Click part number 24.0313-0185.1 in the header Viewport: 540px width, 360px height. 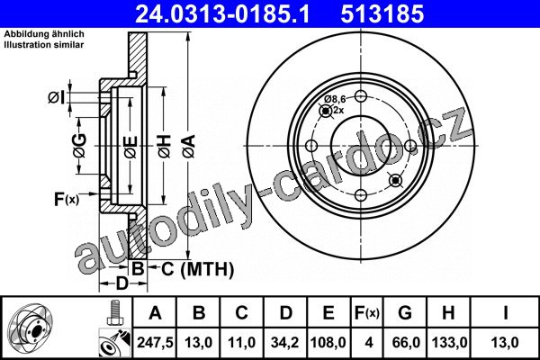[x=222, y=14]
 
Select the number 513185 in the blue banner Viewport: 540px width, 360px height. [x=382, y=14]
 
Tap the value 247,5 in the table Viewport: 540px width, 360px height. [x=155, y=342]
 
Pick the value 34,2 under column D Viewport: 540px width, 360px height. [x=284, y=342]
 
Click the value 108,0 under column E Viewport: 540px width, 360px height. [x=328, y=342]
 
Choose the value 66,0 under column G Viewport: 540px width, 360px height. [x=406, y=342]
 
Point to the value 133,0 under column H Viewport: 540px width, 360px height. [x=449, y=342]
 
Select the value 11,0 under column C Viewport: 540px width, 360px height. [x=241, y=342]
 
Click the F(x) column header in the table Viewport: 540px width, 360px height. [x=367, y=313]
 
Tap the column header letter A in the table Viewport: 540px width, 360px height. [x=155, y=313]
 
